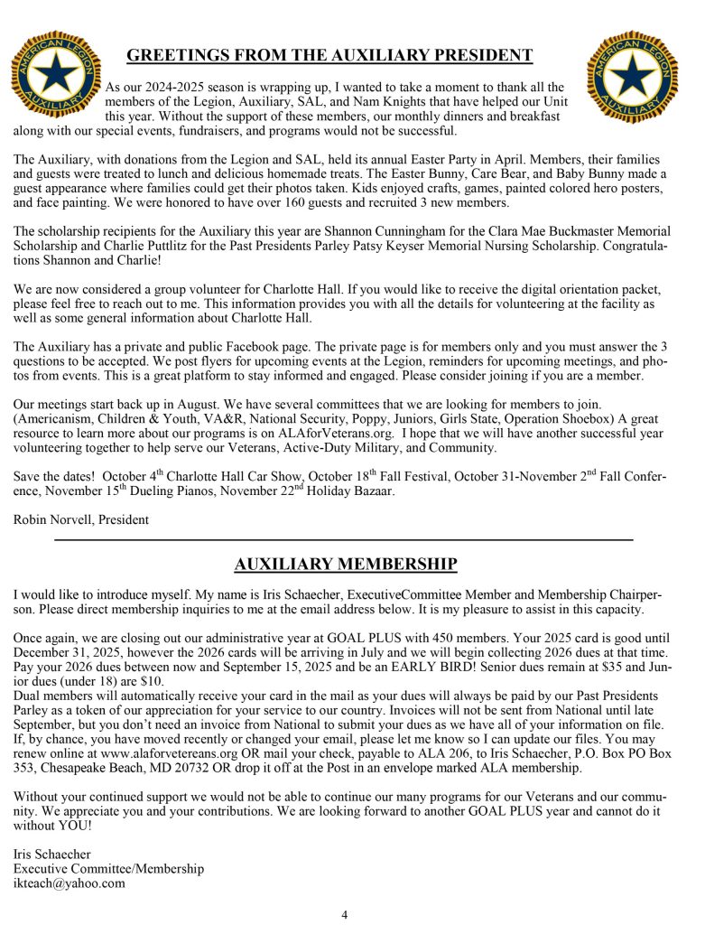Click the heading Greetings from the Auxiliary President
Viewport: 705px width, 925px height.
[329, 56]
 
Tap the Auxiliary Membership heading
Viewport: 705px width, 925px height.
[346, 565]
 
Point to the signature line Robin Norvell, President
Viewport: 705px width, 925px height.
[81, 519]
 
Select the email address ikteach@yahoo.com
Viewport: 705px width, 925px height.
[70, 883]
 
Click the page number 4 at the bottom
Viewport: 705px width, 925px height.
[344, 914]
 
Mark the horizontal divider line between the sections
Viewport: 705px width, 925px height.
[344, 539]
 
